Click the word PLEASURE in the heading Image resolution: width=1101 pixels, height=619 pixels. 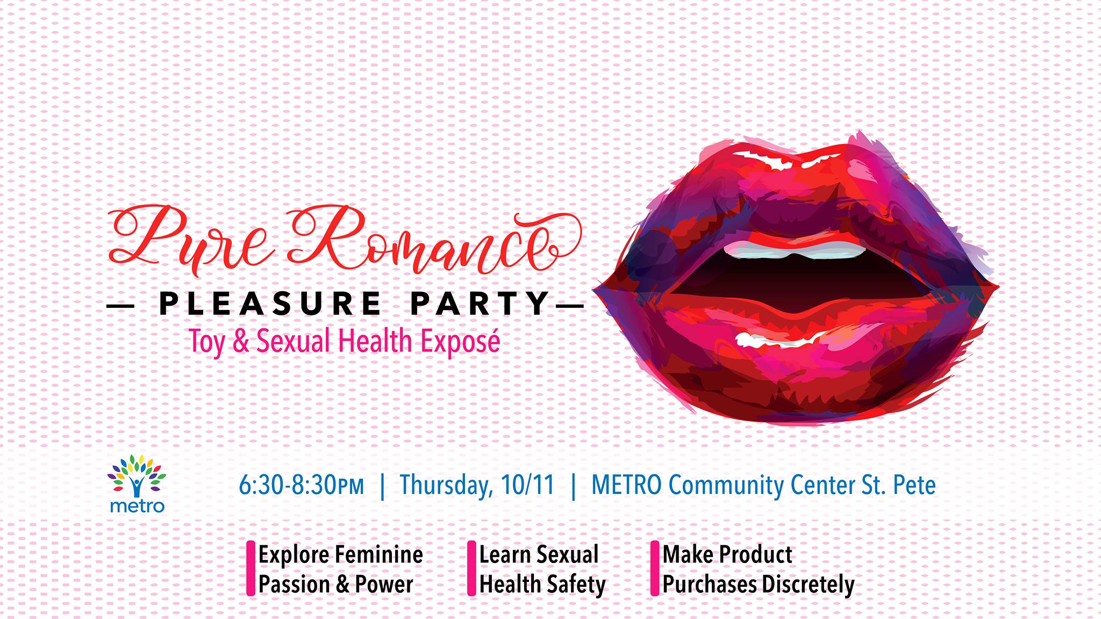click(x=269, y=304)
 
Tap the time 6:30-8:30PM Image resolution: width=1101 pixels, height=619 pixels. click(x=302, y=485)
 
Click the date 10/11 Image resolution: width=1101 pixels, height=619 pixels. click(x=527, y=485)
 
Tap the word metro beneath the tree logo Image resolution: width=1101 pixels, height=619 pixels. click(x=137, y=506)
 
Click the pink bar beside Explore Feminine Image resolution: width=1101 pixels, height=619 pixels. click(x=251, y=568)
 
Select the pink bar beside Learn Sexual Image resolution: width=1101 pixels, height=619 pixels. click(x=471, y=568)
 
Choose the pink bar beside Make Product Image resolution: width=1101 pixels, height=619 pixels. click(x=655, y=568)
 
